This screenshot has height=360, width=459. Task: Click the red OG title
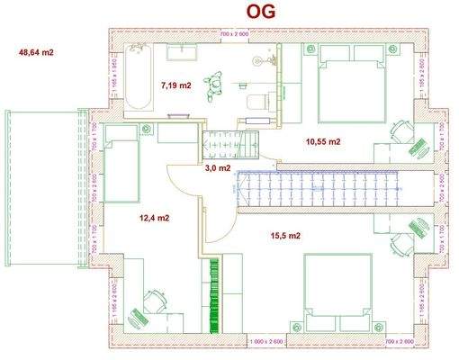click(260, 11)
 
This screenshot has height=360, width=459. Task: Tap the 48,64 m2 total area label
click(37, 53)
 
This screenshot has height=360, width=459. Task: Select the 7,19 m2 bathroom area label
click(175, 85)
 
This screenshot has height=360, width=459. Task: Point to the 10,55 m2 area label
click(322, 141)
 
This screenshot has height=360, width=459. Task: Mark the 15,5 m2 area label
click(284, 236)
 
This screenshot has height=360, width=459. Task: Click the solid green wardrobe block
click(215, 292)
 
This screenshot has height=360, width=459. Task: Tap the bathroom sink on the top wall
click(185, 48)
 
